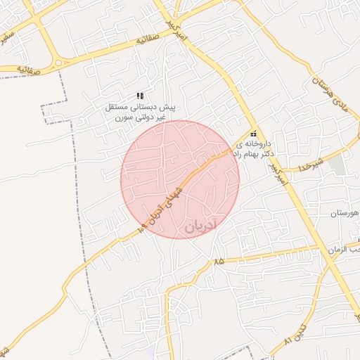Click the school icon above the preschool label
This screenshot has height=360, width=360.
click(140, 96)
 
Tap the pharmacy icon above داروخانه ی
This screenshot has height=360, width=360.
click(253, 134)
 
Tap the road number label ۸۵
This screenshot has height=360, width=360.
click(219, 261)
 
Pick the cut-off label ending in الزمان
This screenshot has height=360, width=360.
click(345, 249)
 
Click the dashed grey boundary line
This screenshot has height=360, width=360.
click(77, 176)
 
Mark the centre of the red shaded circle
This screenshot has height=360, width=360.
click(180, 179)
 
